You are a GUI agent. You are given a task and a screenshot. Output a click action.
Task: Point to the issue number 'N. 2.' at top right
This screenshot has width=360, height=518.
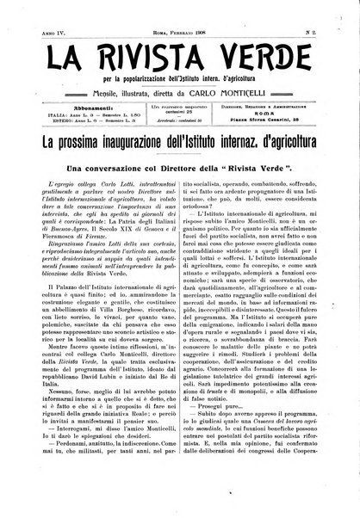pos(326,15)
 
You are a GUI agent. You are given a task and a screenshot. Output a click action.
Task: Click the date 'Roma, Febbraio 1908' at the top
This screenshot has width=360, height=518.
pos(180,15)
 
